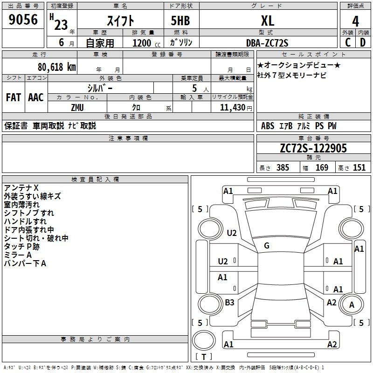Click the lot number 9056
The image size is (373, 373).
click(23, 19)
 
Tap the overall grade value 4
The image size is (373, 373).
click(355, 21)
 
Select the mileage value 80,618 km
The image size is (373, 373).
click(57, 67)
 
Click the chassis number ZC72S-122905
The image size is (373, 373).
click(313, 148)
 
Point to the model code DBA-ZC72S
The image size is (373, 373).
click(267, 43)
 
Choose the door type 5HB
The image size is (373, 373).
click(180, 21)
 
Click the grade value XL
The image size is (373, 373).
click(268, 21)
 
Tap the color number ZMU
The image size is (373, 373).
click(77, 108)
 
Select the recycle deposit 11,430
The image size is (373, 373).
click(232, 108)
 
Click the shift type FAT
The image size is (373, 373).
click(14, 97)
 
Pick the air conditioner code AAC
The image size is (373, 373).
click(36, 97)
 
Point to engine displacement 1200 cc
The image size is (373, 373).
click(146, 43)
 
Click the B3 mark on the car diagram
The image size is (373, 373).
click(229, 302)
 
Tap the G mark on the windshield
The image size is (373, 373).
click(267, 246)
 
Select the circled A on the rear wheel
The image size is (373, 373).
click(352, 304)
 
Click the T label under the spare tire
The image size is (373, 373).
click(204, 357)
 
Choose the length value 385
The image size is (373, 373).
click(283, 167)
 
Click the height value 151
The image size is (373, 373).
click(359, 167)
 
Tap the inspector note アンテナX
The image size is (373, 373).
click(21, 188)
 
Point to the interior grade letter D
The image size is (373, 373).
click(363, 42)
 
